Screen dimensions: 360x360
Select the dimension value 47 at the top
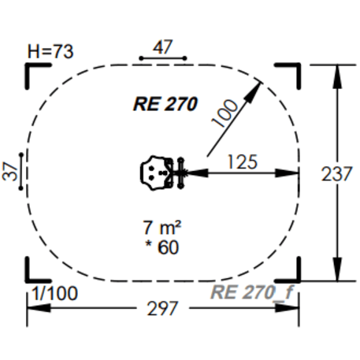click(162, 47)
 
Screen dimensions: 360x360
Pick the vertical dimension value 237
click(337, 174)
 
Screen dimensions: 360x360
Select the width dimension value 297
click(163, 309)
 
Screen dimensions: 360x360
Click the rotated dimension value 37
click(10, 170)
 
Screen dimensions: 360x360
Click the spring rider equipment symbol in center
click(165, 171)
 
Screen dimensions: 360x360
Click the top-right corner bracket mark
click(291, 72)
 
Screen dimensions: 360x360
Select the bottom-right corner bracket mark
click(291, 270)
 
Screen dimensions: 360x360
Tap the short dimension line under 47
click(162, 58)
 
